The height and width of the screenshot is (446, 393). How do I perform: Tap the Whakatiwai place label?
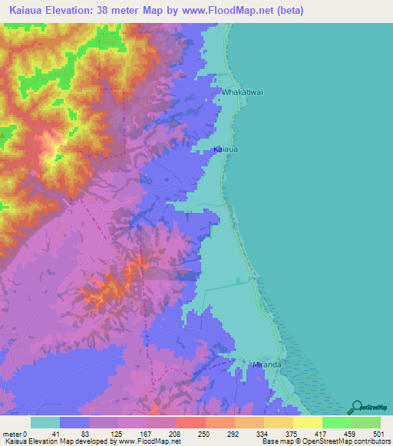tap(243, 93)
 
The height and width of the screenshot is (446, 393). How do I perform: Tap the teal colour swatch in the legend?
tap(45, 422)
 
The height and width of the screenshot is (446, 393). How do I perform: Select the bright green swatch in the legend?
tap(336, 422)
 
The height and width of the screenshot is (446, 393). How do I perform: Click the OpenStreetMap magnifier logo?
tap(357, 407)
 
